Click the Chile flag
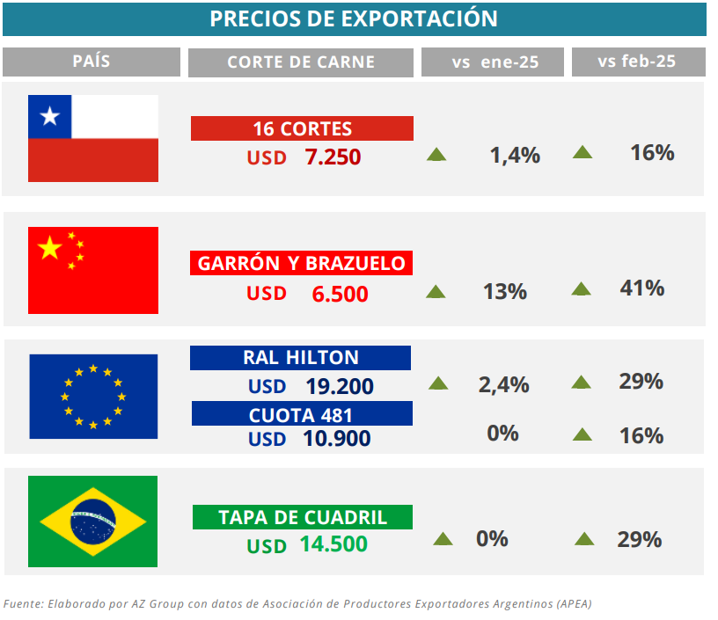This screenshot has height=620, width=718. [93, 138]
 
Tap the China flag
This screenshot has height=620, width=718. [93, 270]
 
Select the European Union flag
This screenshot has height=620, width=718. [93, 396]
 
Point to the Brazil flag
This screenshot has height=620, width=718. [93, 522]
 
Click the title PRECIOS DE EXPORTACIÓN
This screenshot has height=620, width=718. [354, 18]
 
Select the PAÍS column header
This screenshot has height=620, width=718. [92, 62]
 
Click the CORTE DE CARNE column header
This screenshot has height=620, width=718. [301, 62]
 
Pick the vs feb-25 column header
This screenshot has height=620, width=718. [639, 62]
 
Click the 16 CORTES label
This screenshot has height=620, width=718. [302, 128]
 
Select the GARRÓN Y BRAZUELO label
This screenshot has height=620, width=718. [302, 263]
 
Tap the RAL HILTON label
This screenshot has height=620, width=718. [301, 357]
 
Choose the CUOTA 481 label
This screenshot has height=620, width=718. [301, 412]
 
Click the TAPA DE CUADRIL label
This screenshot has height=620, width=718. [303, 517]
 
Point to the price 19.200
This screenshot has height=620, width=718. [340, 386]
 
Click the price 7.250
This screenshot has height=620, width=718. [333, 157]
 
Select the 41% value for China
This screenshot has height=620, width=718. [641, 288]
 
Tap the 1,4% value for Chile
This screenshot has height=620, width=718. [515, 156]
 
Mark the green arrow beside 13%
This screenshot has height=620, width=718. [436, 291]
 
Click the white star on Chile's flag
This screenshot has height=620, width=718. [49, 116]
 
